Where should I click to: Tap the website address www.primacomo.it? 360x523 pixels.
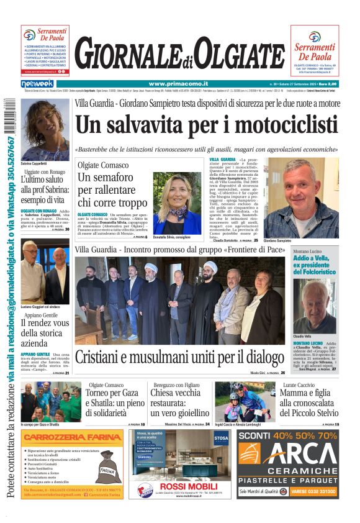pyautogui.click(x=178, y=83)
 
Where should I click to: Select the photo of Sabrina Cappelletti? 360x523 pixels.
pyautogui.click(x=45, y=129)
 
